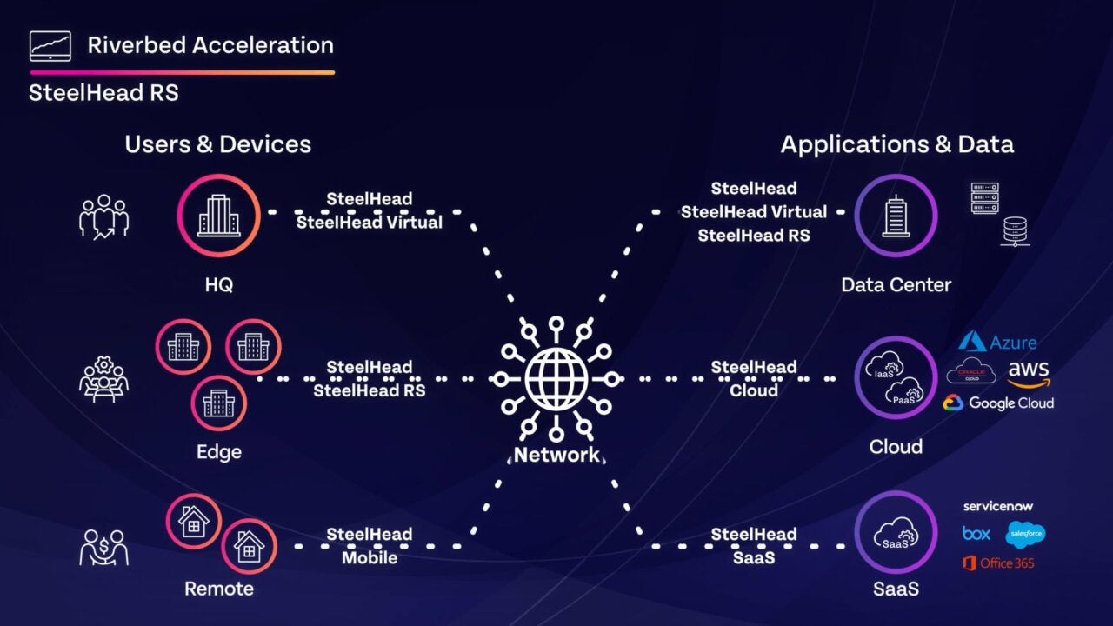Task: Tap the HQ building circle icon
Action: click(219, 216)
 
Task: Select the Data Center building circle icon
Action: click(895, 216)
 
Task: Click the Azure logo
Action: click(997, 342)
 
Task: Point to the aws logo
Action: click(1029, 372)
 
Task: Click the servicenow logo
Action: click(998, 506)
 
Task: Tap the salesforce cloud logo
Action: click(1025, 534)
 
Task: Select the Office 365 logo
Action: click(998, 563)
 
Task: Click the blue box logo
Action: click(976, 533)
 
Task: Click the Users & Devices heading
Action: click(217, 144)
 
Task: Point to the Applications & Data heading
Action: click(896, 144)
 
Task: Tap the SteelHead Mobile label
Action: click(369, 546)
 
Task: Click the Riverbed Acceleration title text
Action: click(210, 45)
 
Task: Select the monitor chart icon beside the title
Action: click(50, 45)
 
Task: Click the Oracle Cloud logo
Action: click(970, 371)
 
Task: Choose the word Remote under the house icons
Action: click(219, 589)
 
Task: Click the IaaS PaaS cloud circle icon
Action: click(895, 378)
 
